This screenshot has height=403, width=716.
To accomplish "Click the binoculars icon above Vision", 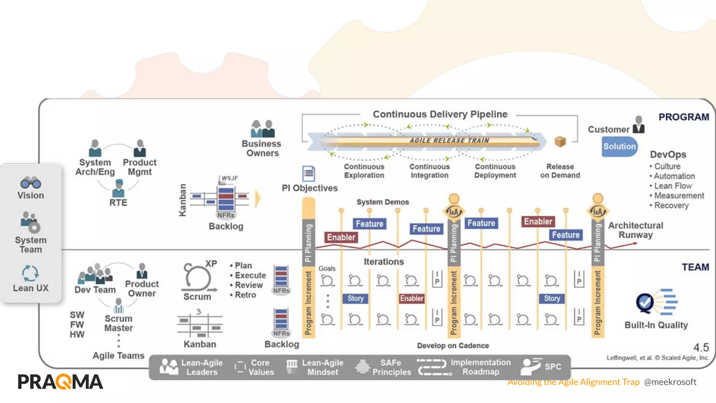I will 31,183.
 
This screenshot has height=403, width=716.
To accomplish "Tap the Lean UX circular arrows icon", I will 30,273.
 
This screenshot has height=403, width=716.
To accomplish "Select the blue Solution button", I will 619,146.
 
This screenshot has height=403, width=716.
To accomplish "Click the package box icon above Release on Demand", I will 560,141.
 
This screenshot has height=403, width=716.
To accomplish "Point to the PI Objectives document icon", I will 308,173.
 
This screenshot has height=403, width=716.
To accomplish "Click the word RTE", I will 118,203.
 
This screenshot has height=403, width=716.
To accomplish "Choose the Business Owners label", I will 262,148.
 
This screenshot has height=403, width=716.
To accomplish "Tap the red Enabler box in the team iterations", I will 411,298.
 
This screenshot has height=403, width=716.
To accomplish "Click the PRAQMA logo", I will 60,382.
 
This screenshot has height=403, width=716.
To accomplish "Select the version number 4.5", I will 701,347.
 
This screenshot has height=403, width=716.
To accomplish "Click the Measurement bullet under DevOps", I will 679,196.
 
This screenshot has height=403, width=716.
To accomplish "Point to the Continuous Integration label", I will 429,171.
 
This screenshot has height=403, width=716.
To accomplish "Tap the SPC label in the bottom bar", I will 553,367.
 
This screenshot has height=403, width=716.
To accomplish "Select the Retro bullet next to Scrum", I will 245,295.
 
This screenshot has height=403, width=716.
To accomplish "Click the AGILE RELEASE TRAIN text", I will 449,140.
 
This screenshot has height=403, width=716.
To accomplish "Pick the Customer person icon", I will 638,125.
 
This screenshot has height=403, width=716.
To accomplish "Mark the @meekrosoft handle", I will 670,382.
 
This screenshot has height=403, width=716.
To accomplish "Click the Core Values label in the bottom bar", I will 261,367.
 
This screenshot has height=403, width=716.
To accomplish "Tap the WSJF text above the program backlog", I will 230,178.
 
